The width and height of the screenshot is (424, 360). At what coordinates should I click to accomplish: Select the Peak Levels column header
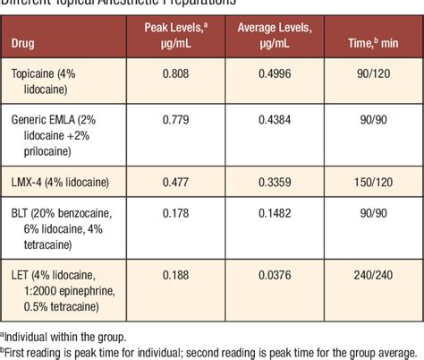pyautogui.click(x=175, y=35)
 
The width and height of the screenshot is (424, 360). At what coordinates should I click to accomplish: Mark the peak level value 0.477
pyautogui.click(x=175, y=183)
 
